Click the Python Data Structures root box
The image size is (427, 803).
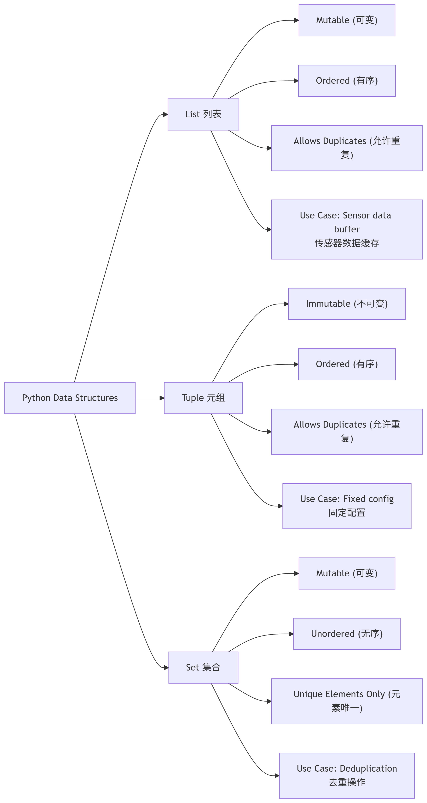[x=70, y=398]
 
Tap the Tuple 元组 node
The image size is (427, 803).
[x=203, y=398]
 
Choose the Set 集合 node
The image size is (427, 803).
[x=203, y=667]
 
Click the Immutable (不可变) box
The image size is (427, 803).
[x=347, y=304]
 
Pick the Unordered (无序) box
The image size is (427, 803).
[x=347, y=634]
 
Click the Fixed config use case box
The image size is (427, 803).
[x=347, y=506]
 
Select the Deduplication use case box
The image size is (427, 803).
[x=347, y=775]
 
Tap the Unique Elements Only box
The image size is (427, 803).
[x=347, y=701]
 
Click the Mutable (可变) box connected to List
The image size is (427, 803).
[x=347, y=20]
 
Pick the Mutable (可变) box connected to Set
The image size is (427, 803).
[x=347, y=573]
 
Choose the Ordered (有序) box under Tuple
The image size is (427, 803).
[x=347, y=364]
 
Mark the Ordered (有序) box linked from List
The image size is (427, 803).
[x=347, y=81]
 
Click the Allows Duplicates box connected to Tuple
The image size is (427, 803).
[x=347, y=432]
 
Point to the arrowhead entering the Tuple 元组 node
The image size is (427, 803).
[x=162, y=398]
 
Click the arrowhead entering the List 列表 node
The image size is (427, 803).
[x=166, y=115]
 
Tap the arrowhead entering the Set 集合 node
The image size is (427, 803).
[x=166, y=668]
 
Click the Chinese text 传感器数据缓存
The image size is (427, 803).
[x=347, y=243]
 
